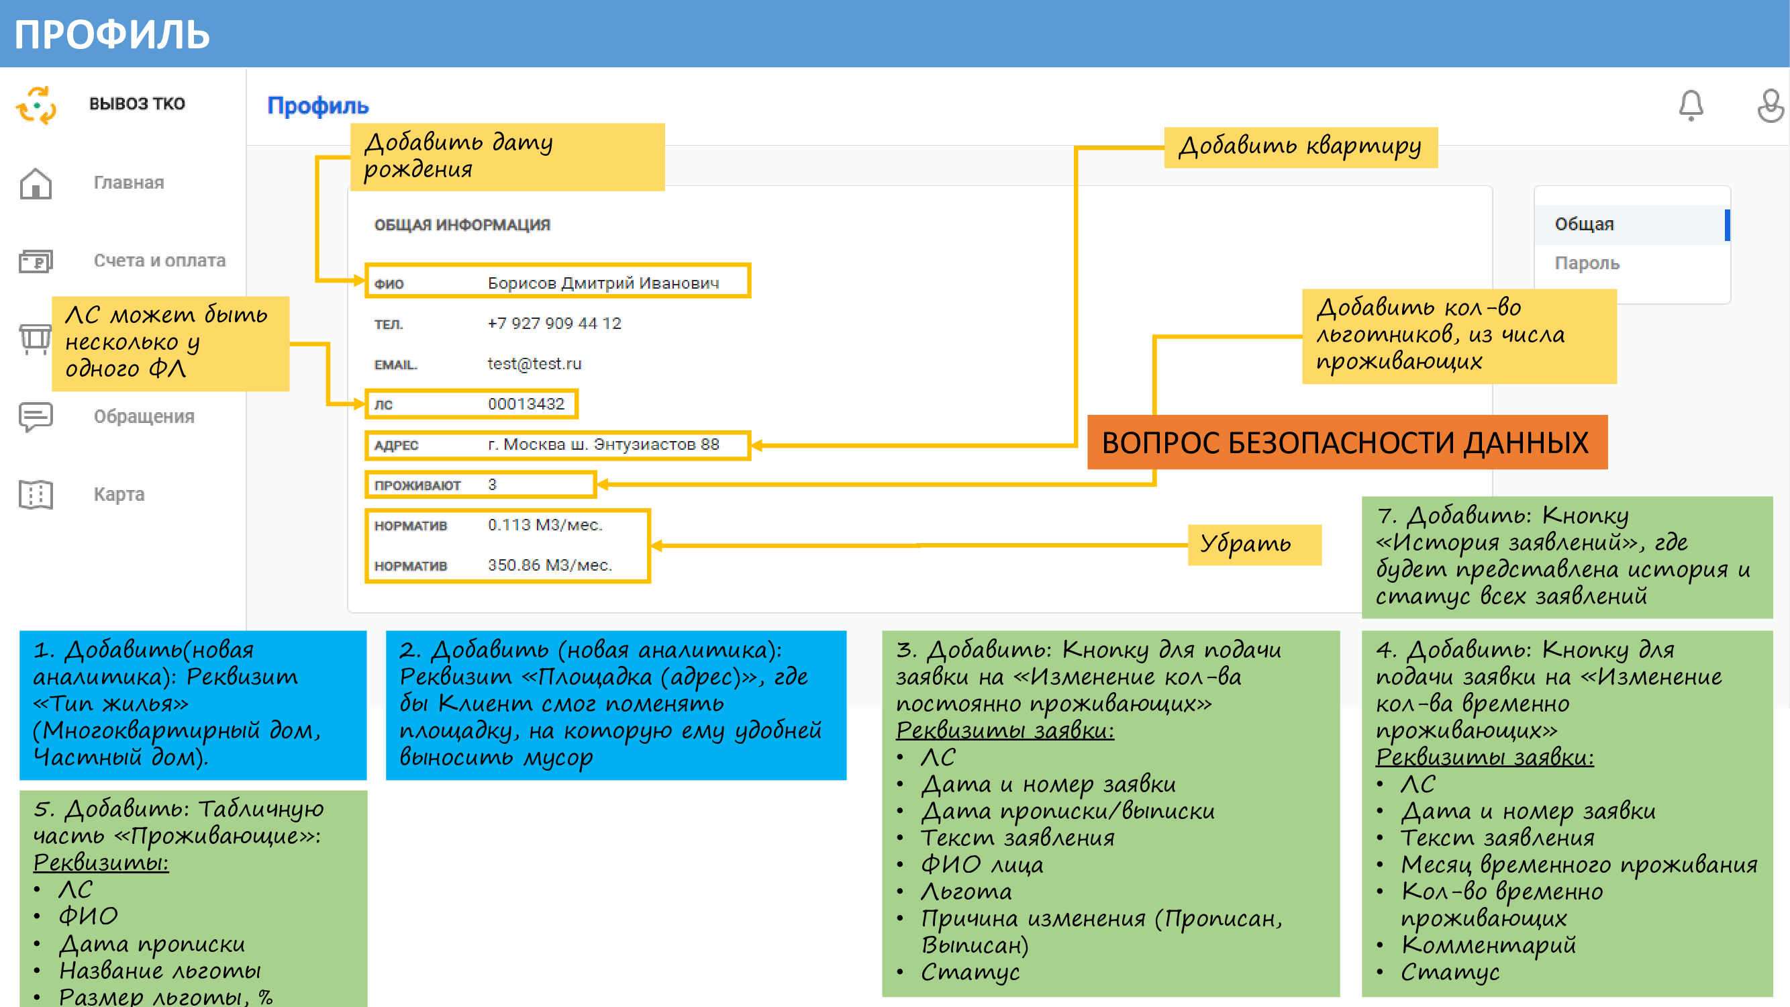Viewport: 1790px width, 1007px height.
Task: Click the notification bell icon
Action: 1691,106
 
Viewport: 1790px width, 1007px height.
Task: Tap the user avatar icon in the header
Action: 1771,106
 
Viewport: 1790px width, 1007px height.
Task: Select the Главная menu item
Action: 129,183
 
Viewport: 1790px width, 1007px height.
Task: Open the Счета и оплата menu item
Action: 159,260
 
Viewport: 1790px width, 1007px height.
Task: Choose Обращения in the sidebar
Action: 144,416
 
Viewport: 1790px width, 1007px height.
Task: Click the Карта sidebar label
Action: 119,494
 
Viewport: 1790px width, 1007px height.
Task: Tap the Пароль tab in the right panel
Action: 1587,263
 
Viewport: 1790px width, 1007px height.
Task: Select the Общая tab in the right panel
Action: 1585,224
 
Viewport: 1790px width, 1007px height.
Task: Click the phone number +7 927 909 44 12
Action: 554,324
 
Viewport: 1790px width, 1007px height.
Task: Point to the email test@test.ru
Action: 534,364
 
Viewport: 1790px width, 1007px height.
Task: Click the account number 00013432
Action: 526,404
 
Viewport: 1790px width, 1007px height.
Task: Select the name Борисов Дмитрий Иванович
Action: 603,283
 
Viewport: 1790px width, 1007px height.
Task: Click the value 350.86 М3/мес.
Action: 550,566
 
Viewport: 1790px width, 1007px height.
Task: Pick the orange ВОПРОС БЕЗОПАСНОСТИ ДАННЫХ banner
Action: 1346,442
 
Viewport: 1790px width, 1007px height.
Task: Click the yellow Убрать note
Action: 1254,545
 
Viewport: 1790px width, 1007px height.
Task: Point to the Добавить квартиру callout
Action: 1300,146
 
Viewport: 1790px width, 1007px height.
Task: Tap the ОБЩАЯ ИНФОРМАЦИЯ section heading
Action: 462,225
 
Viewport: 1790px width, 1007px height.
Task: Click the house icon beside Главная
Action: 36,183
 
